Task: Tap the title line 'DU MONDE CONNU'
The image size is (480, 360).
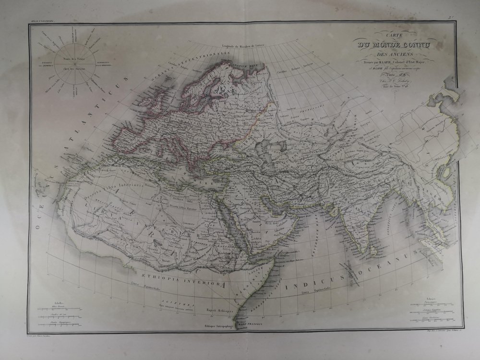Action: [392, 45]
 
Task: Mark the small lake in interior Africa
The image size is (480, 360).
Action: [159, 250]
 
